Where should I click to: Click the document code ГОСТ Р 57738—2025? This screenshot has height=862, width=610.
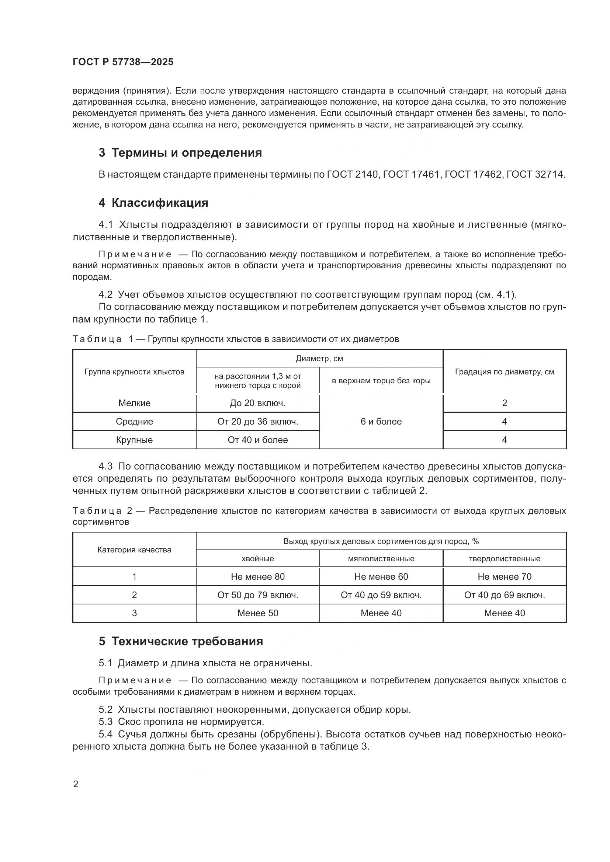123,62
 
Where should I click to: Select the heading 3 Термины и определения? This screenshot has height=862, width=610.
180,153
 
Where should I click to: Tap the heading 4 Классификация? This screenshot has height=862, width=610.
153,203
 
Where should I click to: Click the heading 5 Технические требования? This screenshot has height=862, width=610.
181,641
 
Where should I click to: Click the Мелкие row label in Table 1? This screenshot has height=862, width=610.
134,403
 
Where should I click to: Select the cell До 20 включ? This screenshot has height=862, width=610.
258,403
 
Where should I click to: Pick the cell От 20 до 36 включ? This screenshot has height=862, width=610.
258,421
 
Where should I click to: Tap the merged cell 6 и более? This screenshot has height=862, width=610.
381,421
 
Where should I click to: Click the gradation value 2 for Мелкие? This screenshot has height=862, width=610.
505,403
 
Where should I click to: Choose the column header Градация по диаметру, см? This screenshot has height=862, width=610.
505,372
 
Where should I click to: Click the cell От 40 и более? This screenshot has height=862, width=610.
258,440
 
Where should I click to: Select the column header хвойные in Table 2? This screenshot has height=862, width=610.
258,558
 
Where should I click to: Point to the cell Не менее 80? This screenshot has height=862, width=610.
258,576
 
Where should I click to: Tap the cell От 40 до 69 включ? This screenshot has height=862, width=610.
505,595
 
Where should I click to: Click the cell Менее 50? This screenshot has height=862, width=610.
258,613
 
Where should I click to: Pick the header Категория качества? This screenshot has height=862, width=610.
134,549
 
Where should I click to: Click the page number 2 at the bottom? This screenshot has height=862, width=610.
76,784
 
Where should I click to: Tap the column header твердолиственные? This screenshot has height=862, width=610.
505,558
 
